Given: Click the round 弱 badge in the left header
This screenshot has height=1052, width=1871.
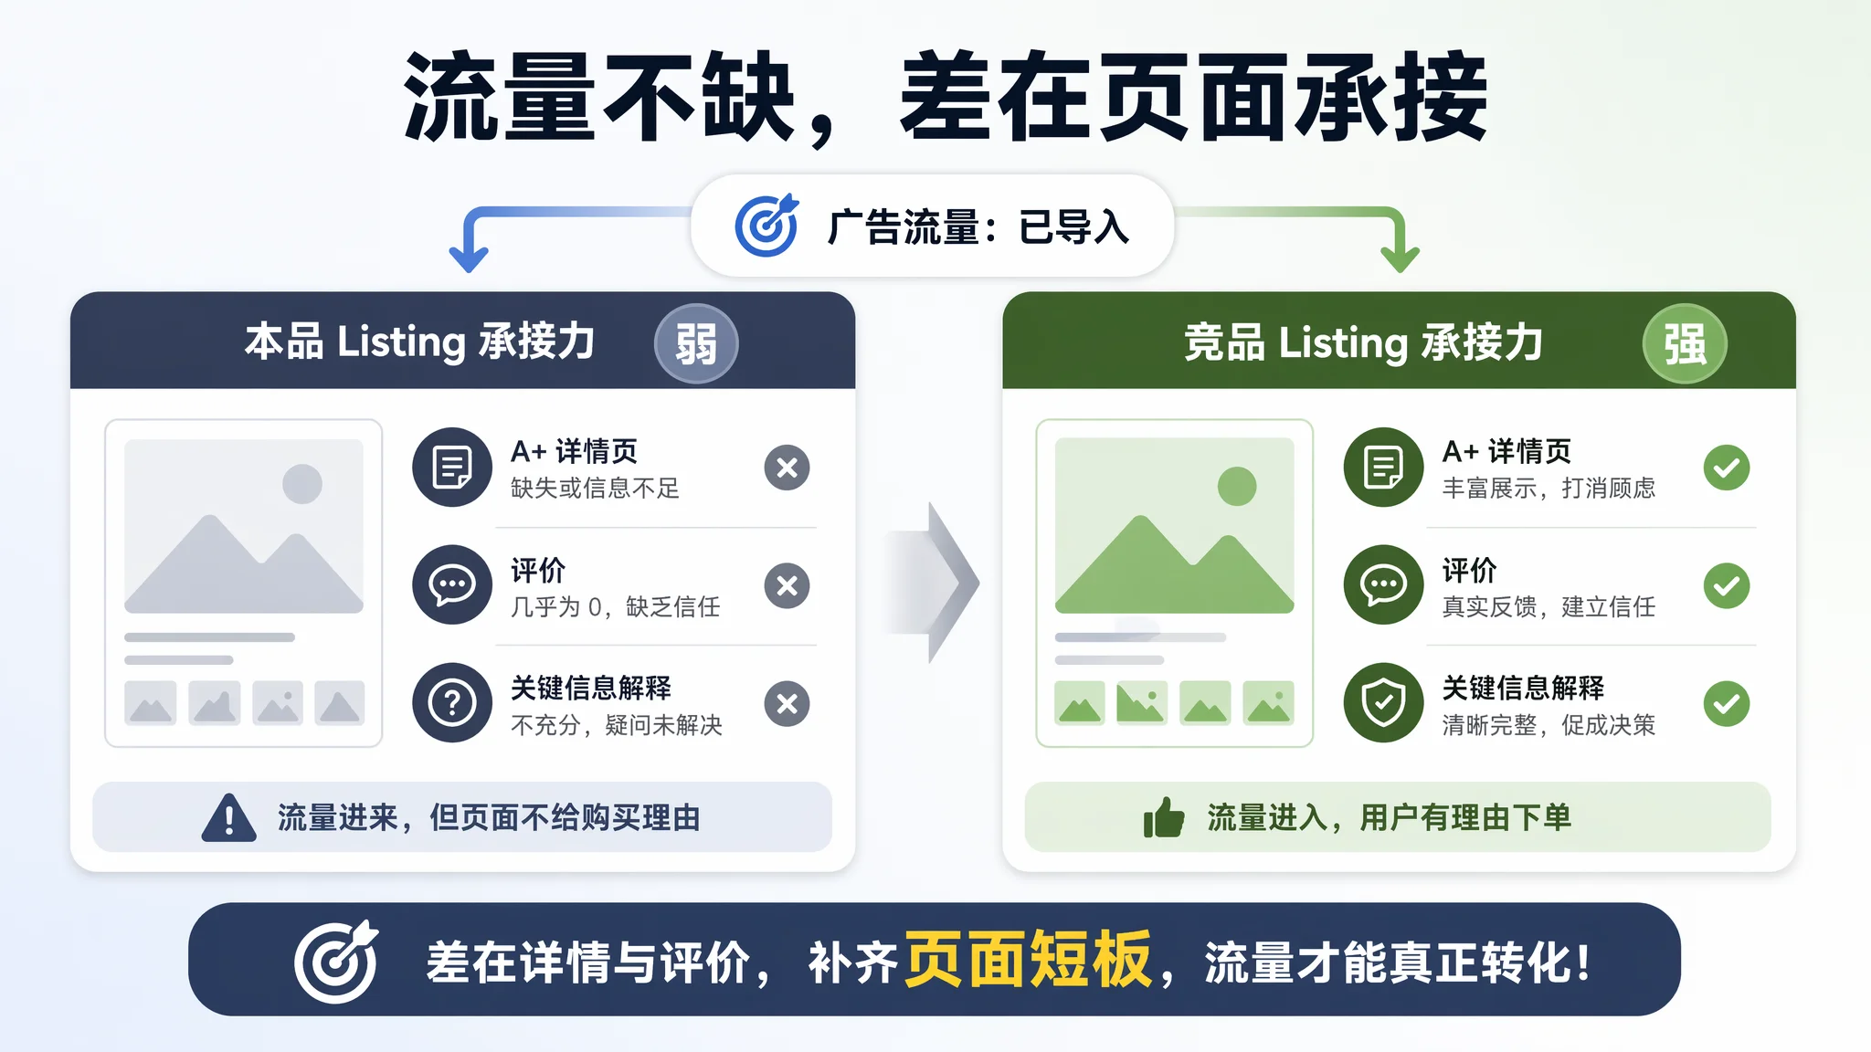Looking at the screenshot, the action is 696,343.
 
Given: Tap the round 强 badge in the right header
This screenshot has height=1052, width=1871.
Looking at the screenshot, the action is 1685,343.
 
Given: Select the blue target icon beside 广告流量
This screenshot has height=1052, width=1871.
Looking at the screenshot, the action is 766,225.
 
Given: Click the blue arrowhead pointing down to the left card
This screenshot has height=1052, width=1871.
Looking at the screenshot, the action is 469,258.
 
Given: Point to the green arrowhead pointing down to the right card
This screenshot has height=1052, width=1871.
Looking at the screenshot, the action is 1400,258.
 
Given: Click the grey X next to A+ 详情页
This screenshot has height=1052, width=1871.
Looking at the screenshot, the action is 787,468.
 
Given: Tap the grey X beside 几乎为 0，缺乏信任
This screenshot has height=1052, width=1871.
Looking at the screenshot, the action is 787,585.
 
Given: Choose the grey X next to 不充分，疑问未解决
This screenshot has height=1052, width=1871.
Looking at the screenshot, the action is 787,704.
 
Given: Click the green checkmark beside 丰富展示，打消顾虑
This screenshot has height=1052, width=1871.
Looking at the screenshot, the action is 1727,468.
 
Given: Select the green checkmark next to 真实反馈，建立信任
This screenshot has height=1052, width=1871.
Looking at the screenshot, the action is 1727,585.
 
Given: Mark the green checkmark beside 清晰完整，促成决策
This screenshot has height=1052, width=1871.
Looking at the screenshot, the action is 1727,704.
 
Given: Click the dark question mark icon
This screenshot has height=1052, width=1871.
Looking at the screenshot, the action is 452,702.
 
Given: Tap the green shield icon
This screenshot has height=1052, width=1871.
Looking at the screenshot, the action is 1384,702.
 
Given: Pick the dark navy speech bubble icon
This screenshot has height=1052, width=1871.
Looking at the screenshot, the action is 452,584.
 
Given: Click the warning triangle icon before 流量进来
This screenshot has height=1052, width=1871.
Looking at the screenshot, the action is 228,817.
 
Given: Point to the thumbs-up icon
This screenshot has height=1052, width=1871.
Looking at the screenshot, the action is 1164,817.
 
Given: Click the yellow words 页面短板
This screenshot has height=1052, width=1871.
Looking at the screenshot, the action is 1028,960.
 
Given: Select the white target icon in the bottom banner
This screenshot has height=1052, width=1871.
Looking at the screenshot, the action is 336,961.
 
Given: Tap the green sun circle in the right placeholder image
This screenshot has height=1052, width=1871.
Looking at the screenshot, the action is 1237,486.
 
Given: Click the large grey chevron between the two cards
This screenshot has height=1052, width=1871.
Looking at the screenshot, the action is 941,583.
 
